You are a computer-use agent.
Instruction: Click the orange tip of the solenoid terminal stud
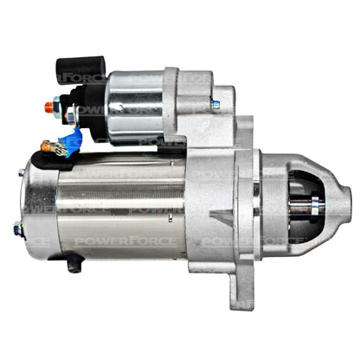(x=48, y=107)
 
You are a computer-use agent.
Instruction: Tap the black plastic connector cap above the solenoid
(x=81, y=70)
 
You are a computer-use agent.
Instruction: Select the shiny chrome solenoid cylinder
(x=135, y=107)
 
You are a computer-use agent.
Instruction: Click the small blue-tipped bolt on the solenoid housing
(x=215, y=105)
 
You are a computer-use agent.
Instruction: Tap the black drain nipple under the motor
(x=75, y=263)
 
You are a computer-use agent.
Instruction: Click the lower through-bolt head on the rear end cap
(x=19, y=229)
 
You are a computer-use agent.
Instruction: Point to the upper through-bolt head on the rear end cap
(x=22, y=173)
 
